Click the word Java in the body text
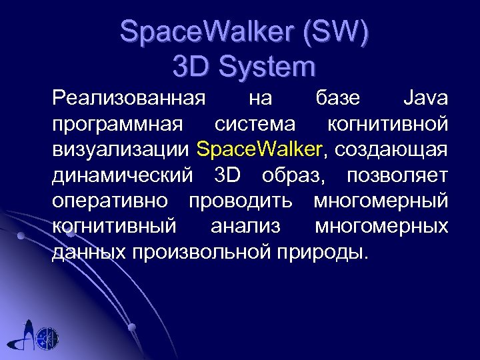[x=425, y=99]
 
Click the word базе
[x=336, y=99]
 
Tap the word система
[x=255, y=124]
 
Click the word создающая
[x=391, y=149]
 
